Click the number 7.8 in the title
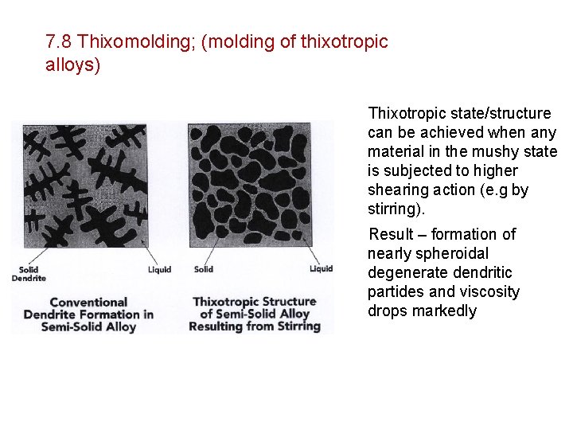tap(60, 41)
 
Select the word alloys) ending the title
tap(73, 65)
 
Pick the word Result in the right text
tap(391, 234)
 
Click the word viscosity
tap(489, 291)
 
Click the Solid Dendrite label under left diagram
tap(32, 273)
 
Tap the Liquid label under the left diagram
tap(159, 269)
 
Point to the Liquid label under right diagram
tap(321, 268)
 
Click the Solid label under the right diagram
tap(204, 269)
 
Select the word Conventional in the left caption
tap(88, 302)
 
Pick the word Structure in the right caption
tap(287, 302)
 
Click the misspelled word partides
tap(394, 291)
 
